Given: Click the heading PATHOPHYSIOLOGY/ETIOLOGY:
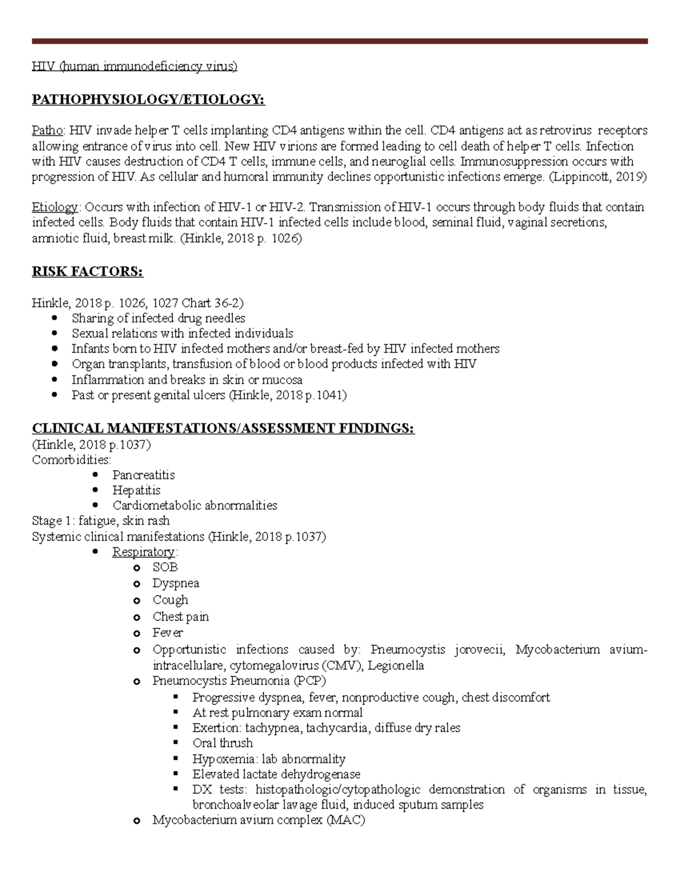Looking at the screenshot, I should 148,100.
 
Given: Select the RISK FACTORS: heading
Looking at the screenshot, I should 87,272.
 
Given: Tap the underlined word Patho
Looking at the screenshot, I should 47,131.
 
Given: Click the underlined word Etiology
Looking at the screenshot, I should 55,207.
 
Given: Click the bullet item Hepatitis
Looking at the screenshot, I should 136,490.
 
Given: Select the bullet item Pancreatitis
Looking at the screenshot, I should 143,475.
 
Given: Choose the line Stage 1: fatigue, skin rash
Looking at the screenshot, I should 101,521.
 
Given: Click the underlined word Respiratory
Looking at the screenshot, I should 143,552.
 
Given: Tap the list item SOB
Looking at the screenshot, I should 165,567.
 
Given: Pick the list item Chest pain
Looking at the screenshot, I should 180,617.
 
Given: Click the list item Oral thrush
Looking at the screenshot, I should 222,743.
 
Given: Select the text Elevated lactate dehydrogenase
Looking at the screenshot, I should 276,774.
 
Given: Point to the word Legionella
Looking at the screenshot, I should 396,665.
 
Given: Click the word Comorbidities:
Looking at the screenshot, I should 71,460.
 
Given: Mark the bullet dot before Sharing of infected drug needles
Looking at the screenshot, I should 54,318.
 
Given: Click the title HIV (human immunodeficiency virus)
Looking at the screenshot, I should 134,66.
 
